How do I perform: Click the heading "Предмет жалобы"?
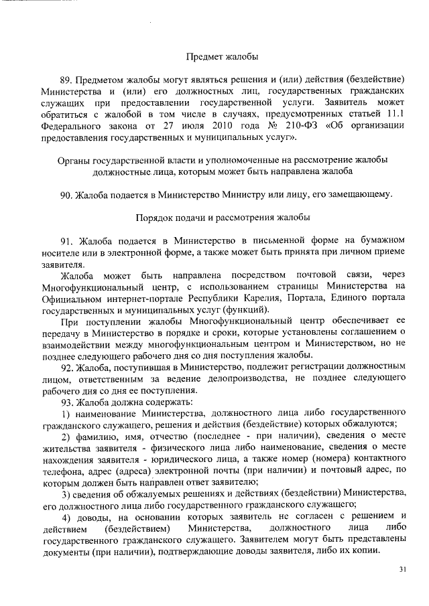[222, 57]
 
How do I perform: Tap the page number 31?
[402, 569]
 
